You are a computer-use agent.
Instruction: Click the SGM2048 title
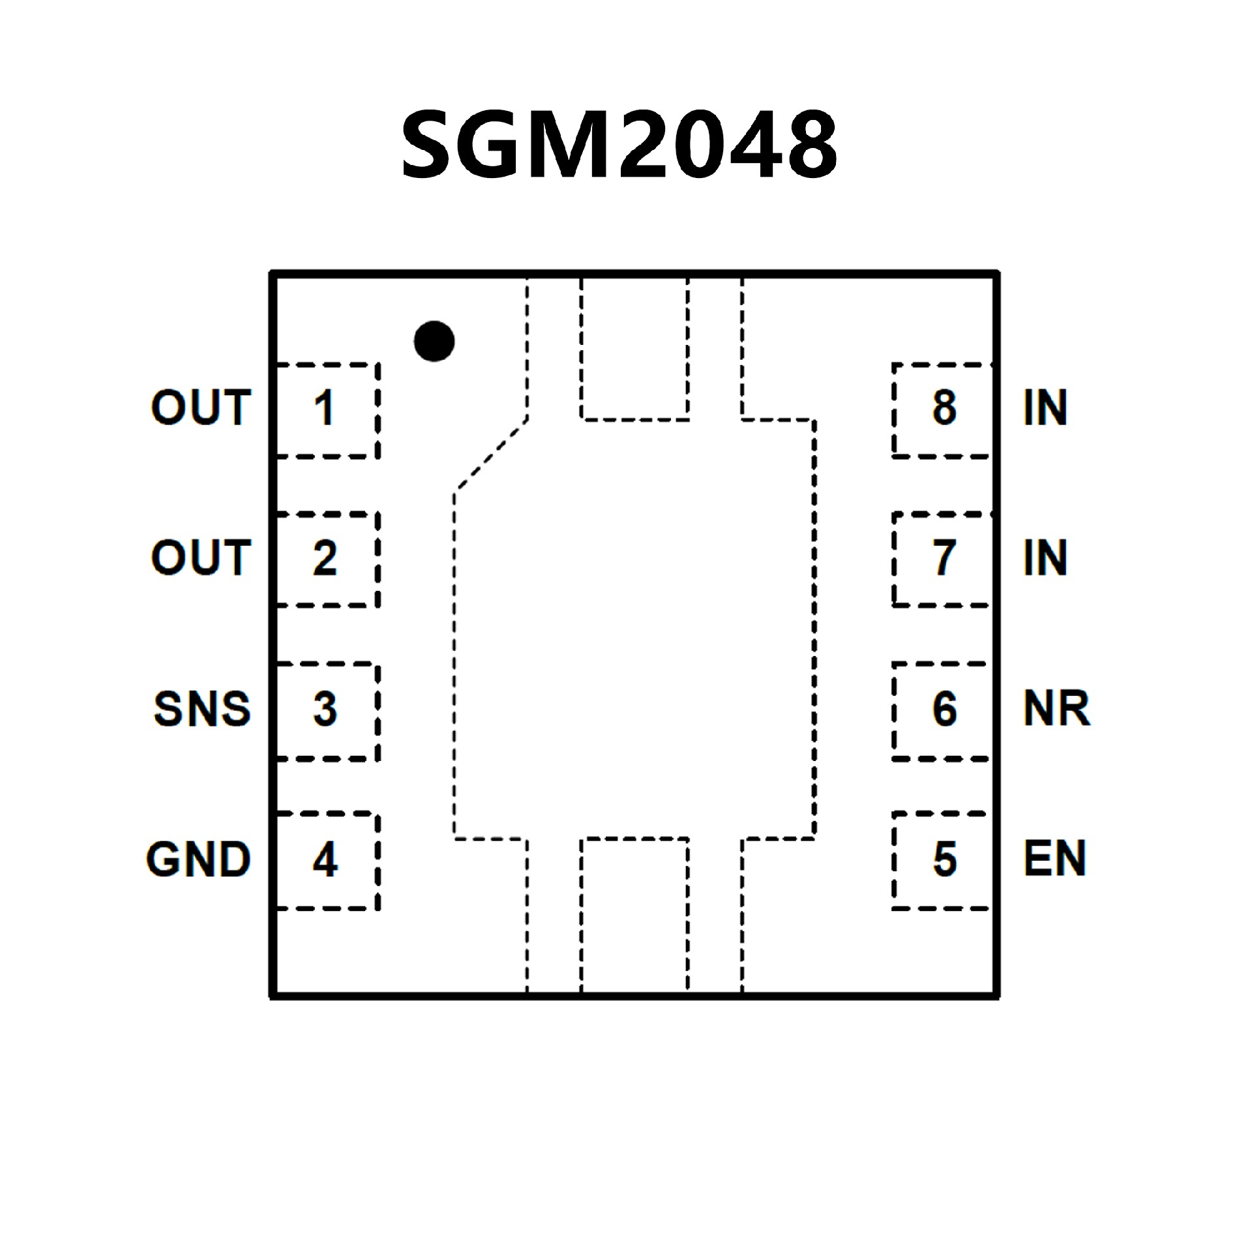click(619, 145)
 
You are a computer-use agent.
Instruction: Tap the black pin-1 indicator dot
click(434, 341)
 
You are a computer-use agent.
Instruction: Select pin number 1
click(324, 409)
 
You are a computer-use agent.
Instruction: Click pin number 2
click(325, 558)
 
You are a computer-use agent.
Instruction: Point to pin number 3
click(325, 709)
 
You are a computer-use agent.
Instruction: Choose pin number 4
click(325, 859)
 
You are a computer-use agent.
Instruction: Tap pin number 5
click(945, 859)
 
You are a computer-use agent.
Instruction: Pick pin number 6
click(945, 709)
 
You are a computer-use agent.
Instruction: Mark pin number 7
click(945, 558)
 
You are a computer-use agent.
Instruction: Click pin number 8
click(945, 408)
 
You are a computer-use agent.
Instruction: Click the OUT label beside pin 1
click(201, 408)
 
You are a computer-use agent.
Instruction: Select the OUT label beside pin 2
click(201, 558)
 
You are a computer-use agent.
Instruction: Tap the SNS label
click(202, 709)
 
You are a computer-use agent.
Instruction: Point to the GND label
click(199, 859)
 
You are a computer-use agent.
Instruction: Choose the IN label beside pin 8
click(1045, 408)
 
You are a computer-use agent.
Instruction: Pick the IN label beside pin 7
click(1045, 558)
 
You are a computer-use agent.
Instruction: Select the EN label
click(1054, 859)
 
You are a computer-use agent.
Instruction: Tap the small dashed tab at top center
click(634, 349)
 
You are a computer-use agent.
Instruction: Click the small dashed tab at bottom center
click(634, 916)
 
